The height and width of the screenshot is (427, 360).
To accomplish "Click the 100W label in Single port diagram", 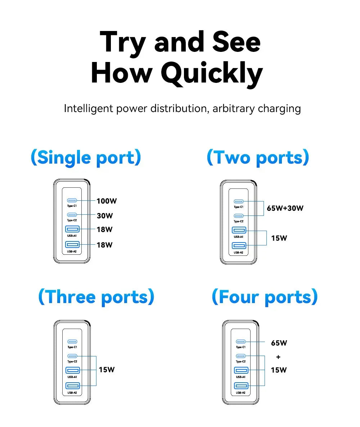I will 107,201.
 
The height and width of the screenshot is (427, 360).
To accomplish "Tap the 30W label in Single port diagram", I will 105,216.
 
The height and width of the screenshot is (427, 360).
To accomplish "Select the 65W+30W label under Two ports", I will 285,208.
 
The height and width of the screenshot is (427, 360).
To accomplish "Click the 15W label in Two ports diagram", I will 279,238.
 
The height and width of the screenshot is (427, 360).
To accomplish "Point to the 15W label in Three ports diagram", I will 107,369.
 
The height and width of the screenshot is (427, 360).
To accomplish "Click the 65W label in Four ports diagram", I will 279,343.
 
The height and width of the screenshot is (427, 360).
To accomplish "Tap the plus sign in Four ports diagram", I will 278,357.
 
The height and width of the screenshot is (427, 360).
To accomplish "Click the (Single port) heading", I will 86,158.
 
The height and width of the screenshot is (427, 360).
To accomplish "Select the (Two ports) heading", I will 258,158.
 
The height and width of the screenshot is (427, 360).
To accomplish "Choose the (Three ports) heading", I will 96,297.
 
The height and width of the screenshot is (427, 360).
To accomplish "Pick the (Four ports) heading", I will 265,297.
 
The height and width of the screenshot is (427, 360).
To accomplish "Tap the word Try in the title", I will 122,42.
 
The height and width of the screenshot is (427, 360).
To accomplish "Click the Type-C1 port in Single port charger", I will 72,200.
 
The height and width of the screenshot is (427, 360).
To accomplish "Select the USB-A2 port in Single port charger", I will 72,245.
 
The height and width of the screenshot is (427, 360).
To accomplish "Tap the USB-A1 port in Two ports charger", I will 239,230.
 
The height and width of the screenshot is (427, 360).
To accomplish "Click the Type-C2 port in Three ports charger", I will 72,356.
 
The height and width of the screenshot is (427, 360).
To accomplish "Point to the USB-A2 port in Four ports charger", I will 241,386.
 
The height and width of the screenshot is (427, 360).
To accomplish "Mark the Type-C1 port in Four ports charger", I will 240,341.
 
